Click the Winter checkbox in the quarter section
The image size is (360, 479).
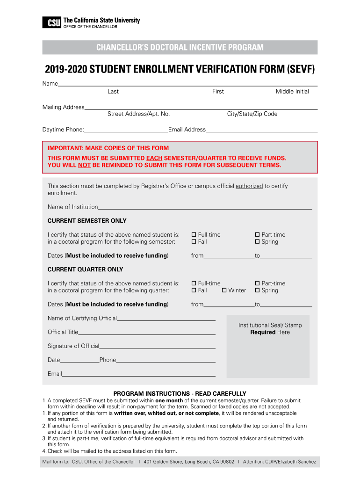pos(224,290)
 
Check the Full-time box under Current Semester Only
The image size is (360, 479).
pos(194,235)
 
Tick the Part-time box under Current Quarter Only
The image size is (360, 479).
pos(257,283)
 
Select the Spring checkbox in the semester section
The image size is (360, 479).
pos(257,242)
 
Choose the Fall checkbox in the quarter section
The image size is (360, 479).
pos(194,290)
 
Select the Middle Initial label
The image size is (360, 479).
pos(292,92)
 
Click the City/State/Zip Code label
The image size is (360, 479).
pos(252,114)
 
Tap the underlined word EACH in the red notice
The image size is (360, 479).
pos(154,159)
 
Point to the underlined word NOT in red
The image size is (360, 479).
pos(84,165)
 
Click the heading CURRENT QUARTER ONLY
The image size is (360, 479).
pos(86,269)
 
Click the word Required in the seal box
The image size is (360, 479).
pos(263,332)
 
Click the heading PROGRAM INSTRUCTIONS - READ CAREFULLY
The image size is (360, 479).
pos(180,393)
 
